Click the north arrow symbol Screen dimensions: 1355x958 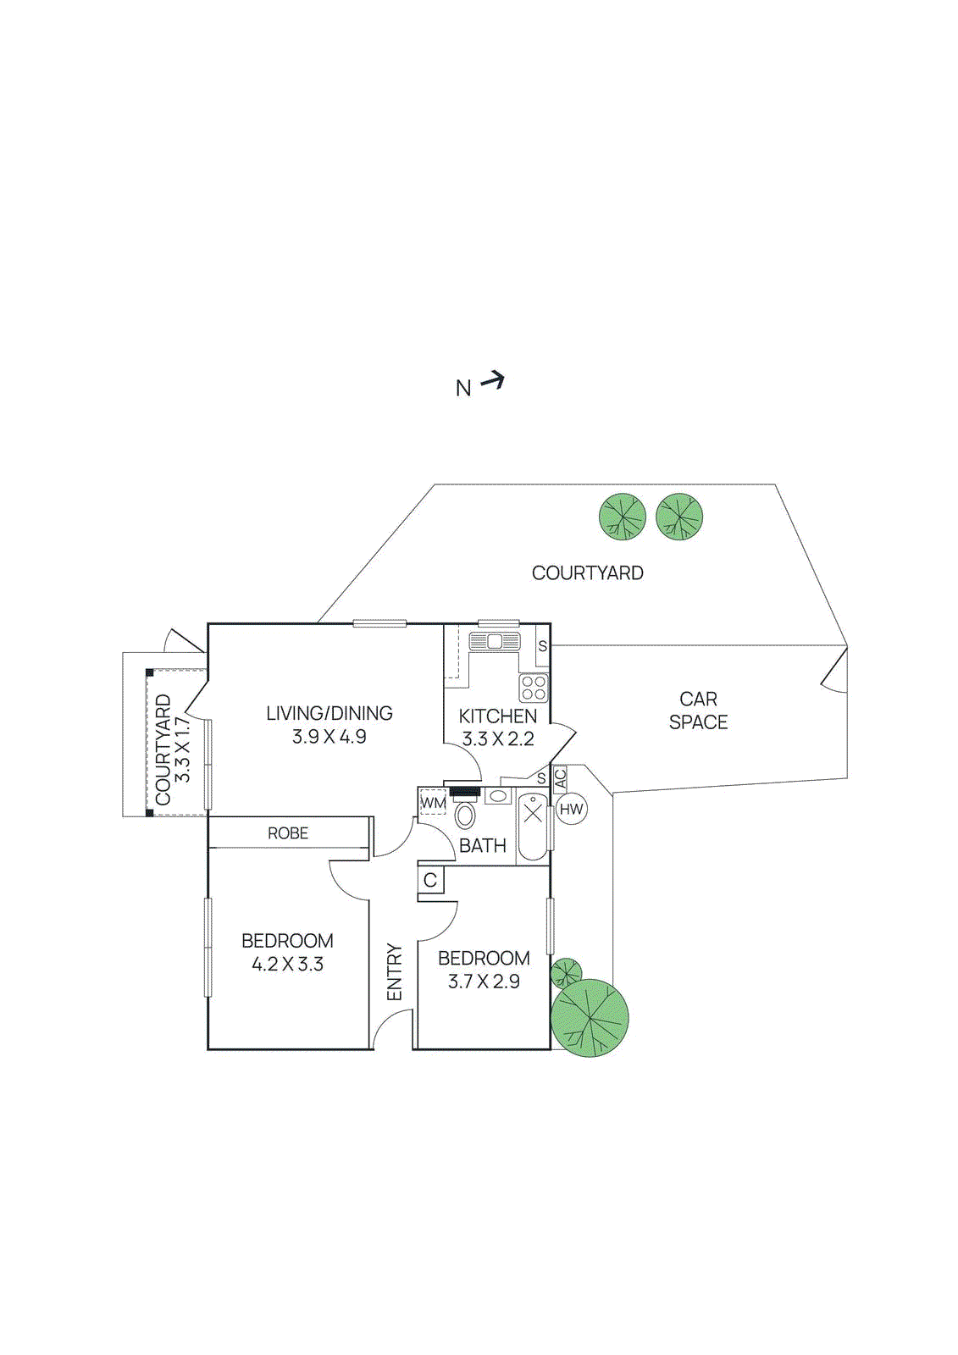coord(492,382)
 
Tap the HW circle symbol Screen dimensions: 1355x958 coord(572,810)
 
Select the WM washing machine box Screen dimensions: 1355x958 coord(433,802)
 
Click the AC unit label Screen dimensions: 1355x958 coord(560,778)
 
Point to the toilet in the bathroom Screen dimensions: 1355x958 coord(465,816)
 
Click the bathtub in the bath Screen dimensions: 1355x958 coord(533,826)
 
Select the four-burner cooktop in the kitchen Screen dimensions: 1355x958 coord(534,688)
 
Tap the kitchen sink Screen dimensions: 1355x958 coord(495,641)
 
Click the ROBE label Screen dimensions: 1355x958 coord(288,833)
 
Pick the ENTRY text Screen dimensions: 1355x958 coord(395,972)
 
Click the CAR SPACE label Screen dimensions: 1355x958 coord(698,711)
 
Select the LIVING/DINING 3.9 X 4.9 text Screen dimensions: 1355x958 coord(329,725)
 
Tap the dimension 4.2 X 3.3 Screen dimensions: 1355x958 coord(288,965)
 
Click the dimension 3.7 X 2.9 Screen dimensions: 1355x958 coord(484,982)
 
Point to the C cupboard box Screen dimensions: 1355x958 coord(430,881)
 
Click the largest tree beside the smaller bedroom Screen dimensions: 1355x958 coord(590,1018)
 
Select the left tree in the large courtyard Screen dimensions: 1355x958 coord(623,517)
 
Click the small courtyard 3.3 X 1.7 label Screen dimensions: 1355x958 coord(172,749)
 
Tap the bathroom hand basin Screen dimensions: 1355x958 coord(498,796)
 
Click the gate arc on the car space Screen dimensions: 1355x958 coord(835,675)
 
